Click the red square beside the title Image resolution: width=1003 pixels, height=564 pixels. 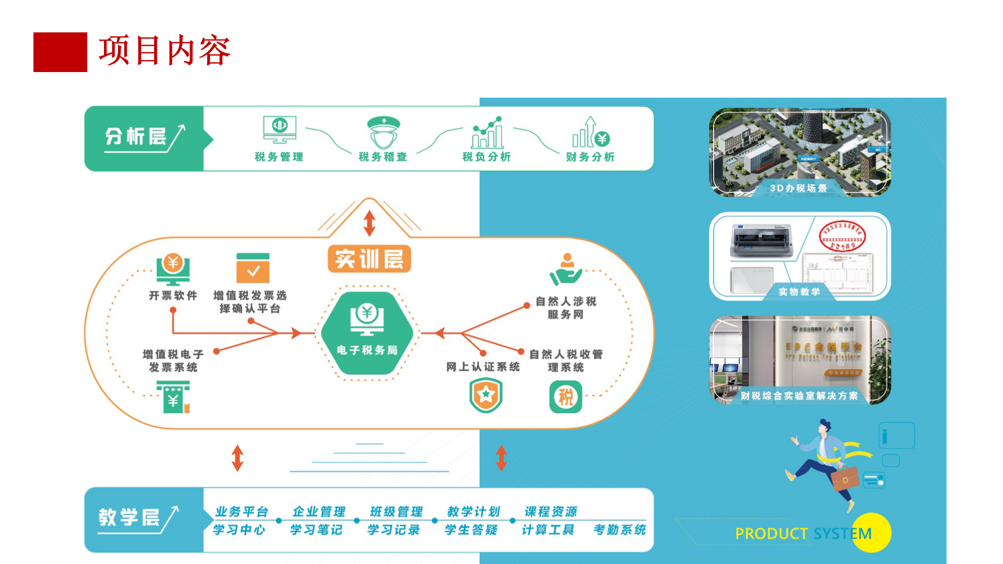point(60,52)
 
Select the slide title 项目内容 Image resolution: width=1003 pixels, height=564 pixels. point(165,51)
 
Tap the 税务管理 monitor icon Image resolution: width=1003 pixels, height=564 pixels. point(279,130)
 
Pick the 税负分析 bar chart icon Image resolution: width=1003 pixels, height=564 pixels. point(487,133)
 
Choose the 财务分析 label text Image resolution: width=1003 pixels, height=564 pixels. point(590,157)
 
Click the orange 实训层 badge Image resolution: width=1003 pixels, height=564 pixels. point(369,259)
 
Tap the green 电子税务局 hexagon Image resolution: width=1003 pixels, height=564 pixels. point(367,333)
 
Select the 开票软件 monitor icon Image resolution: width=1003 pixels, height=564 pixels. point(173,269)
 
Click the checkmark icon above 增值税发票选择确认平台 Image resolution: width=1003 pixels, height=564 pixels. point(253,268)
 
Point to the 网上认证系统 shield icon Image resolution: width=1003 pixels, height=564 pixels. point(486,395)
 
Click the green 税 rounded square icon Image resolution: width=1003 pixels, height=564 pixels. point(566,397)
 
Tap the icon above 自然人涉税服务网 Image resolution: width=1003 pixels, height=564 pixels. point(566,269)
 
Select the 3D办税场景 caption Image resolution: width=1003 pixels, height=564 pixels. point(798,188)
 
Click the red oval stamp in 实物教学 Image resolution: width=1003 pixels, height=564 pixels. point(842,237)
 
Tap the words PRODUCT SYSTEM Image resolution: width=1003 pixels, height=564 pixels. point(803,534)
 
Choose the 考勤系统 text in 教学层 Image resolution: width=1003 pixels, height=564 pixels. point(620,530)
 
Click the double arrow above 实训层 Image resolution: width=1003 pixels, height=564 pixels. point(369,223)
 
